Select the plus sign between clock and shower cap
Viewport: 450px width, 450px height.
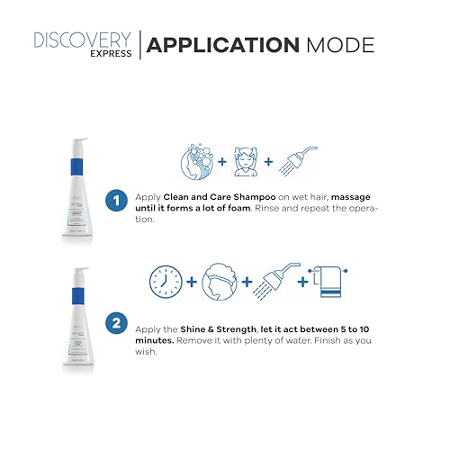click(x=192, y=283)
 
